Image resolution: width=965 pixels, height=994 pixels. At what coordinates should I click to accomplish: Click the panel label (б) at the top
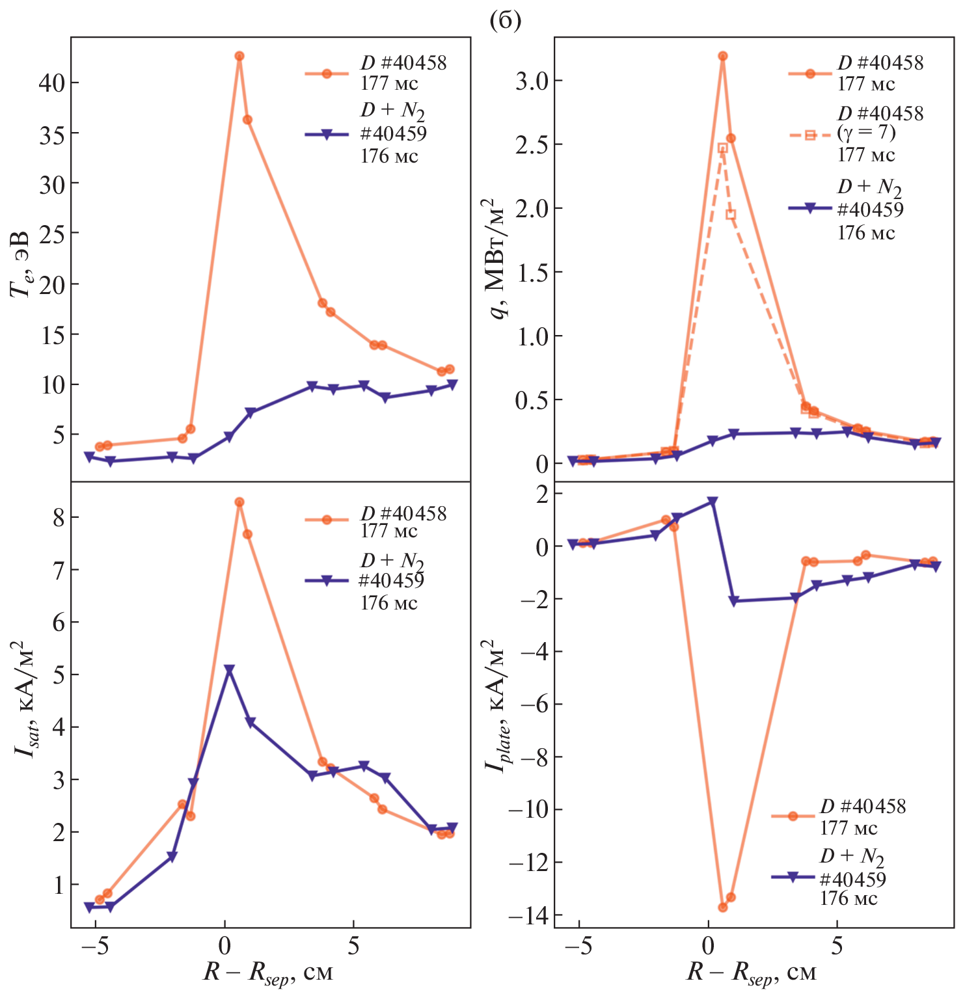pos(504,21)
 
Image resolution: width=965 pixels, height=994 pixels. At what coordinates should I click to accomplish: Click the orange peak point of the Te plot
pos(239,56)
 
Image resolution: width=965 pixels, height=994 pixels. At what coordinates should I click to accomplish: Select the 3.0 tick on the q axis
pos(532,81)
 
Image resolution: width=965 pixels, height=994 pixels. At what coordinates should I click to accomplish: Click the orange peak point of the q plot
pos(723,56)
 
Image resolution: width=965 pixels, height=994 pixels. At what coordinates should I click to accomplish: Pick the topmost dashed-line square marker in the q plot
pos(723,148)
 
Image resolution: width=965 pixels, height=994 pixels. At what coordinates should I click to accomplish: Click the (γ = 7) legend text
pos(866,133)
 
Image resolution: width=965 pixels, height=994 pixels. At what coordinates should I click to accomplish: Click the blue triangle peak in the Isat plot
pos(229,669)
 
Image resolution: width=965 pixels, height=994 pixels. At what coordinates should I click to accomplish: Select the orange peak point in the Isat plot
pos(239,502)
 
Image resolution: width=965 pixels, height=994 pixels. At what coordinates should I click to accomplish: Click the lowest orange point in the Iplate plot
pos(723,907)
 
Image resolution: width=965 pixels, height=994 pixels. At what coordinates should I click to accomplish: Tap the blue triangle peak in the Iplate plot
pos(713,502)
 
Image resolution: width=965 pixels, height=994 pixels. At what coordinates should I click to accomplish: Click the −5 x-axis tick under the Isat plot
pos(96,946)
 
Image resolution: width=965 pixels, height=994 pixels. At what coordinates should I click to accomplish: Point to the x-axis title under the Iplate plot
pos(751,973)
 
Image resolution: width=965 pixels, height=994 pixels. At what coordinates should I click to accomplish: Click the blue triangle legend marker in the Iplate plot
pos(793,877)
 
